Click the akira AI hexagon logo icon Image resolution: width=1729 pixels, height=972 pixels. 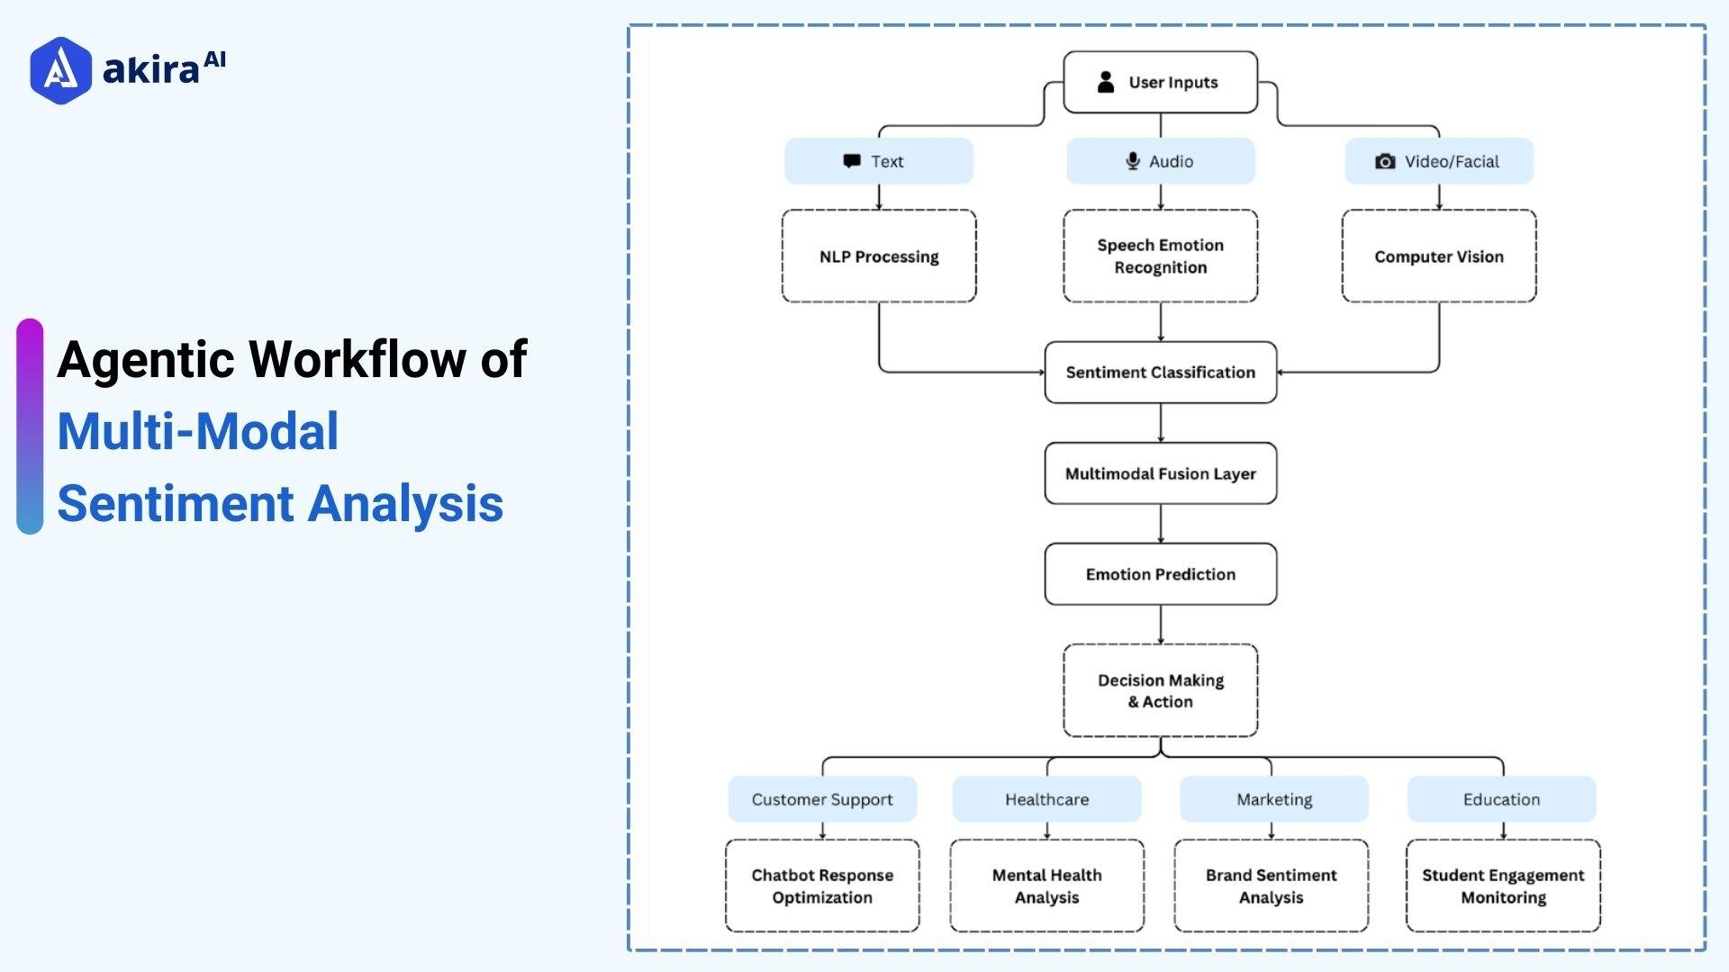(60, 70)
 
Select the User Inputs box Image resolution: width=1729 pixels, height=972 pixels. (1160, 82)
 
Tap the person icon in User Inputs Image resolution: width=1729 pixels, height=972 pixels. (1106, 82)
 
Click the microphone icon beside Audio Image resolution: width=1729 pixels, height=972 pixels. (1133, 161)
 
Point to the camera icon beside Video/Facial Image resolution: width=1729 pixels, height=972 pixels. (1385, 161)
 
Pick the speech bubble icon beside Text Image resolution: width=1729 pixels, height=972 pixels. (852, 161)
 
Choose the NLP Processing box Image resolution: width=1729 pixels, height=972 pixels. (879, 256)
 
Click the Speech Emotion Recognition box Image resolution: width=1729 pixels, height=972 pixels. (1160, 256)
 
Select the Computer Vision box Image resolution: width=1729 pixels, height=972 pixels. (1438, 256)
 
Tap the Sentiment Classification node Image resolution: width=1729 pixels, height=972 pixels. (1160, 373)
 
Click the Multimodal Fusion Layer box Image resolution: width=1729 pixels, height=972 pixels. (1160, 473)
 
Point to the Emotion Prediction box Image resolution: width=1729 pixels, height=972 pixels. (1160, 574)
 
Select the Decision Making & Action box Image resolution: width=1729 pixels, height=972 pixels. (1160, 690)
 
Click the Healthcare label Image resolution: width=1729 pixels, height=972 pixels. (1046, 799)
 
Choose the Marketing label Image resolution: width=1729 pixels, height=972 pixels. (1273, 799)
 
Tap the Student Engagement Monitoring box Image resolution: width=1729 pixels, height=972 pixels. (1503, 886)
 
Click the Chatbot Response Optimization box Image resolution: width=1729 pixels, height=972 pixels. (822, 886)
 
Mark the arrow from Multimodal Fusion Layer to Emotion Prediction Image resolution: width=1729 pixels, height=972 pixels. (1160, 524)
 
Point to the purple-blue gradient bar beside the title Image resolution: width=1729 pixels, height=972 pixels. (30, 427)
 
